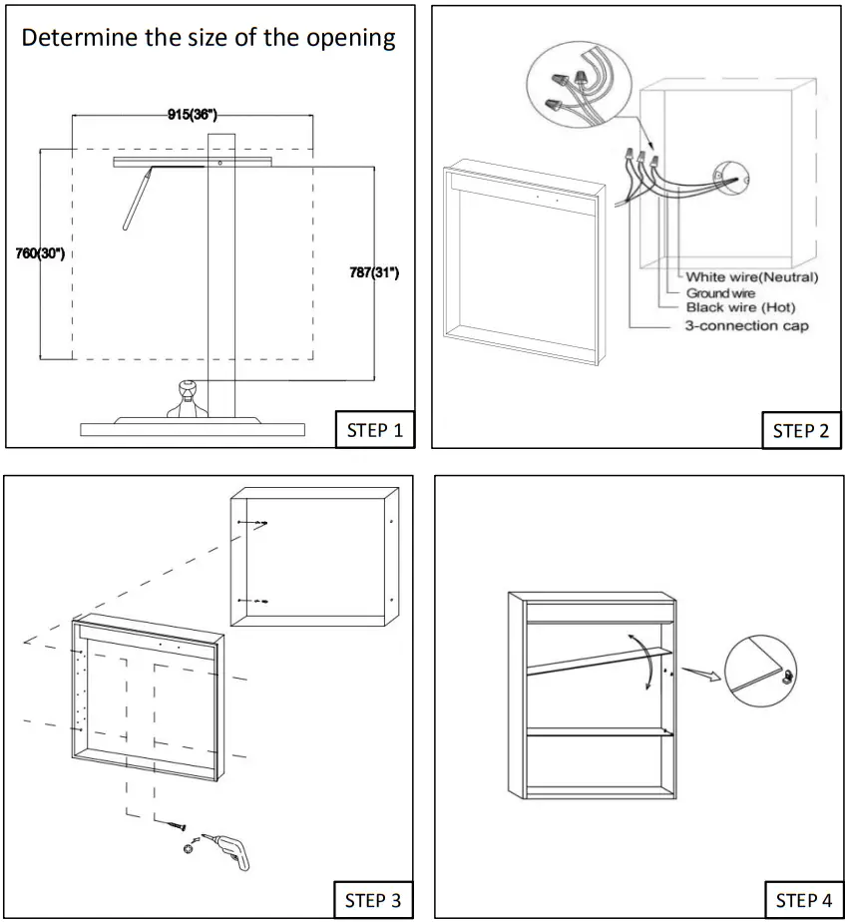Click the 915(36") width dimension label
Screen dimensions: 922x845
[x=193, y=115]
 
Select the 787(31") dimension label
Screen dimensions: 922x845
[x=373, y=272]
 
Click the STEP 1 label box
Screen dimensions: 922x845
[x=375, y=430]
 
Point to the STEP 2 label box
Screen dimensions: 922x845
[x=800, y=430]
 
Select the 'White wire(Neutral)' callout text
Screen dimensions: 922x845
[x=752, y=276]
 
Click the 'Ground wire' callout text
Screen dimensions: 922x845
[x=720, y=293]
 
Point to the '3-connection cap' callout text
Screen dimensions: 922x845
[x=746, y=326]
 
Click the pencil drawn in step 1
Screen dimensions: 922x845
[x=136, y=200]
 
